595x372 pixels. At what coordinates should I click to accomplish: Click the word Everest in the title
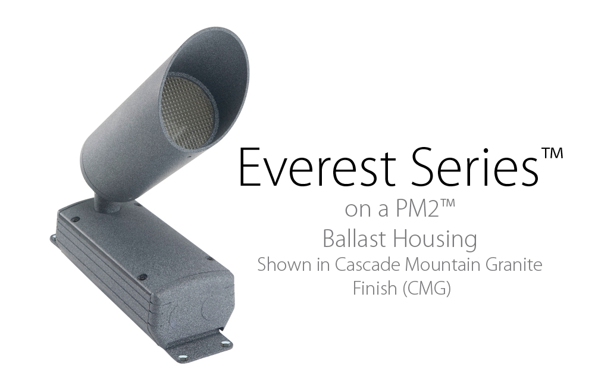317,167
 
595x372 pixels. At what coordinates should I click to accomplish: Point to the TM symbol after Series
552,154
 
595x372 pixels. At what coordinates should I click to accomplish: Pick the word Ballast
353,239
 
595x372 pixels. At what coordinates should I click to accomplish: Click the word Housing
434,240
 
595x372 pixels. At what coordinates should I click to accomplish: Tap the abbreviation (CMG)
427,289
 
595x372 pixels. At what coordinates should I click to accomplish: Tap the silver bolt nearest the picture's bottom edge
183,357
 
